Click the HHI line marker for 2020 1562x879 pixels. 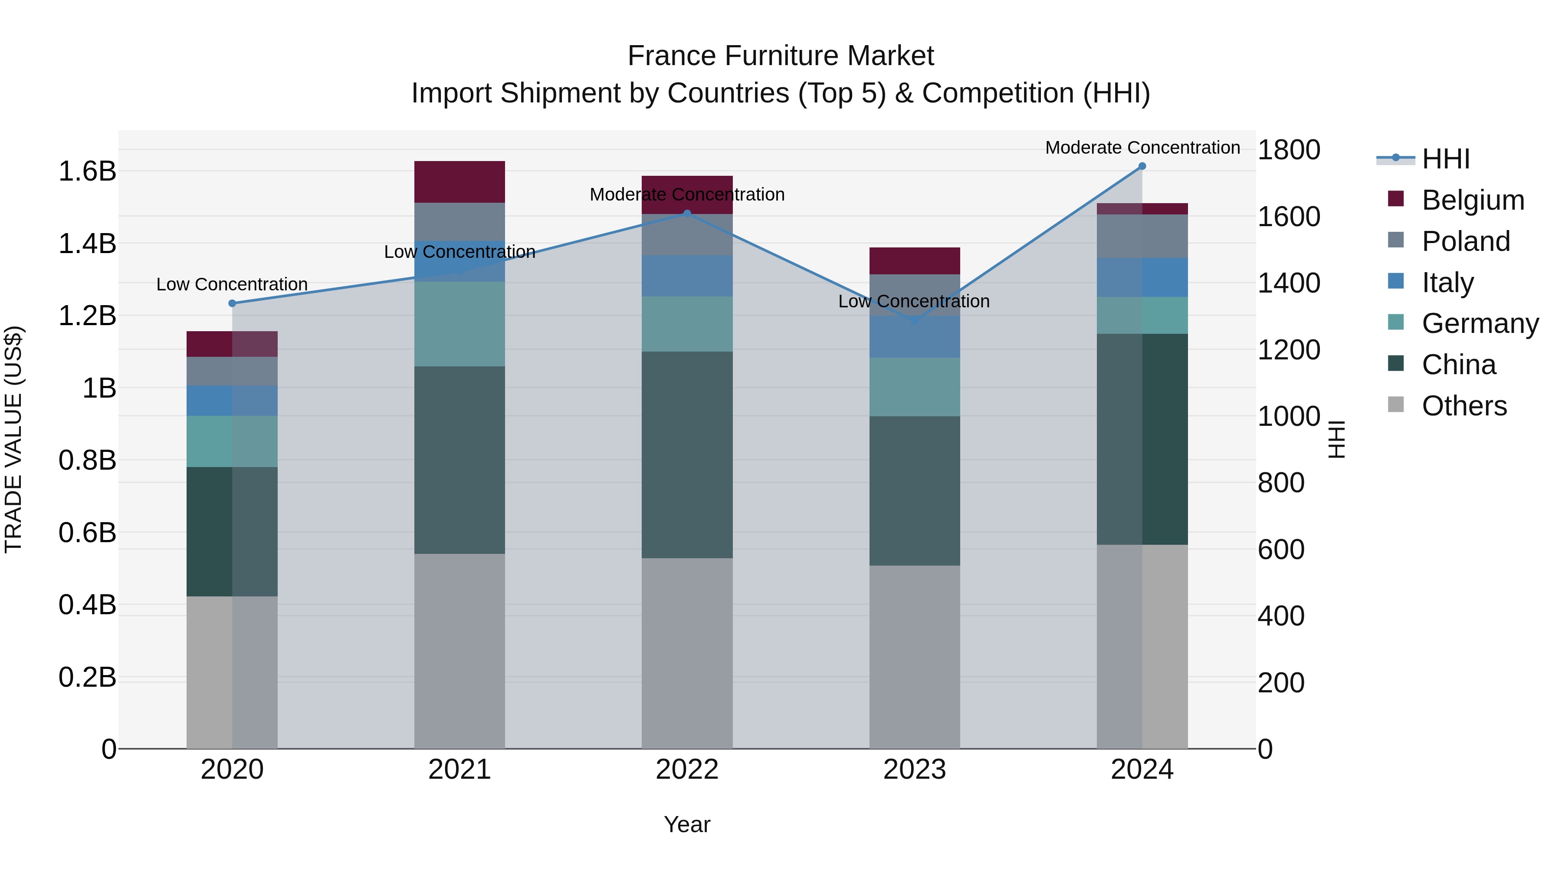(232, 303)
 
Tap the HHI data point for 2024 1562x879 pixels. (1142, 166)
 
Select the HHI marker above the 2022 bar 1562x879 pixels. (687, 214)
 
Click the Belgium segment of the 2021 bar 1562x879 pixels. (459, 182)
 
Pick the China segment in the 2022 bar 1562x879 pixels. (687, 455)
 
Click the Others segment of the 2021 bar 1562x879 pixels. (459, 651)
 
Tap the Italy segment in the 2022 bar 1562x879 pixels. (687, 276)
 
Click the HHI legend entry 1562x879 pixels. (1446, 159)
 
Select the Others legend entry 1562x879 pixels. (1464, 406)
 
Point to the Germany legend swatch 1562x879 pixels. (1396, 322)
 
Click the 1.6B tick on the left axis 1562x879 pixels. (87, 171)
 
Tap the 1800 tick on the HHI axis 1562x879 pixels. (1289, 150)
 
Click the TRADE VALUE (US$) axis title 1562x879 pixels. (13, 439)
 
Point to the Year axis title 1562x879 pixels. (687, 824)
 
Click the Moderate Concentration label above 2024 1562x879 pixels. (1142, 148)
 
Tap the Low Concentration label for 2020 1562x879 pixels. (232, 284)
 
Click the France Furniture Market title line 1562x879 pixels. (781, 56)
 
